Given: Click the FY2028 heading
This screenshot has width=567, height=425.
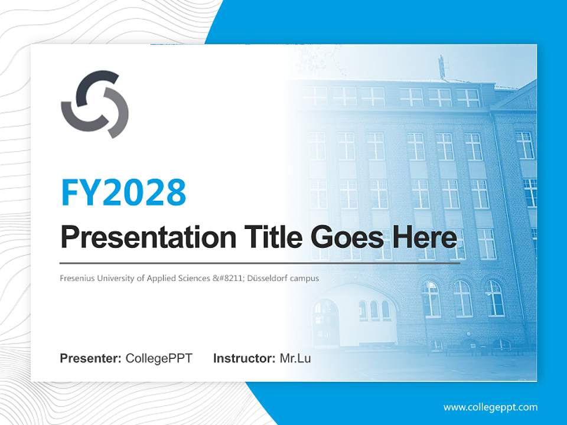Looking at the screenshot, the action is coord(123,192).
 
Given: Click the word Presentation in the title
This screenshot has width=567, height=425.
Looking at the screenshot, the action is coord(148,238).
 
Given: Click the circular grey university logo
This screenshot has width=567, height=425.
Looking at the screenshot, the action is coord(94,104).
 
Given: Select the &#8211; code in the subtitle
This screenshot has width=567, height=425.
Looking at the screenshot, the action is coord(227,279).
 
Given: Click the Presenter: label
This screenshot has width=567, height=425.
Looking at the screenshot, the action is coord(90,358).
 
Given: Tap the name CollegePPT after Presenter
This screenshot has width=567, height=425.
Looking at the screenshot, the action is coord(159,358).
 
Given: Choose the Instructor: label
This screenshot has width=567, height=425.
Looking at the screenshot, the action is coord(245,358).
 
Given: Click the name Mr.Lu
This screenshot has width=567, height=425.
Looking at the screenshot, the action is coord(295,358).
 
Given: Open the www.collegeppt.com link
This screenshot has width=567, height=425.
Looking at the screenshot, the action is coord(490,408).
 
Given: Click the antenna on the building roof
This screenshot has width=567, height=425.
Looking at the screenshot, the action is coord(442,67).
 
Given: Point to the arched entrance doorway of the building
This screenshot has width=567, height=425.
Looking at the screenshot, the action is coord(325,322).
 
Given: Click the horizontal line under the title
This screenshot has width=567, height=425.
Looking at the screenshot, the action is coord(260,263).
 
